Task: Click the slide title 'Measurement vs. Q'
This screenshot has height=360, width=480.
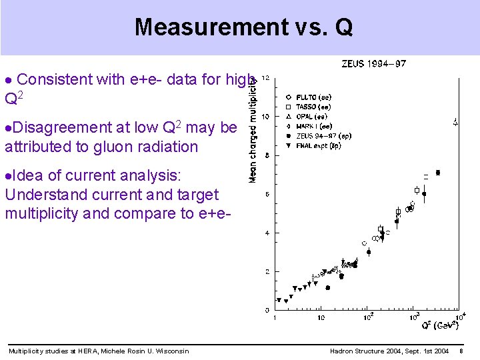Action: click(243, 27)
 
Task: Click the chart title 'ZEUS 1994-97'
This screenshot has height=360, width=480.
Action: click(373, 64)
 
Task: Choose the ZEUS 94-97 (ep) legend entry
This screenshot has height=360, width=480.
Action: click(326, 135)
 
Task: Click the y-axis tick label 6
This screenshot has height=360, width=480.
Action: click(267, 195)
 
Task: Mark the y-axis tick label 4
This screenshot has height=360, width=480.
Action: click(267, 233)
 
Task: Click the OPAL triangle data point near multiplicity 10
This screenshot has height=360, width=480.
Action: click(455, 122)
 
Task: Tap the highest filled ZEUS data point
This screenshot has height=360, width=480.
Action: click(437, 173)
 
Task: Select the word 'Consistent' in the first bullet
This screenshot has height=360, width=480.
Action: click(55, 79)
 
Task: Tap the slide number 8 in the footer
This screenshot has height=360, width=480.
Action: click(461, 351)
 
